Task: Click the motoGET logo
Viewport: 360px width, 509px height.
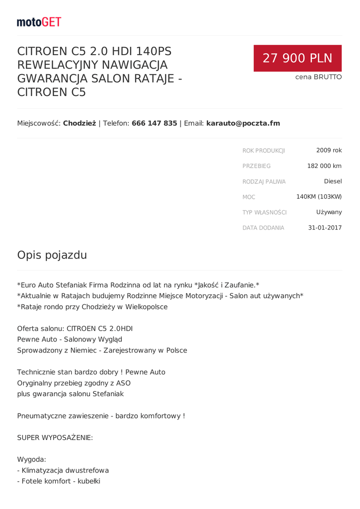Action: pyautogui.click(x=39, y=22)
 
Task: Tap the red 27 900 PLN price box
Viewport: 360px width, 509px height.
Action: pyautogui.click(x=297, y=58)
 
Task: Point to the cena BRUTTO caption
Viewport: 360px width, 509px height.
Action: pyautogui.click(x=318, y=77)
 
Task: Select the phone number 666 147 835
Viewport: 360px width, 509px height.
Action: pyautogui.click(x=154, y=123)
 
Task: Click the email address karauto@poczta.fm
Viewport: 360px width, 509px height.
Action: pyautogui.click(x=243, y=123)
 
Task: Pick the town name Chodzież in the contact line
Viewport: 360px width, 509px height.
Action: pyautogui.click(x=80, y=123)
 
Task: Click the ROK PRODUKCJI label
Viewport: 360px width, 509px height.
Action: pyautogui.click(x=264, y=151)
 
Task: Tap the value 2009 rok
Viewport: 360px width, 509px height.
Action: pyautogui.click(x=329, y=150)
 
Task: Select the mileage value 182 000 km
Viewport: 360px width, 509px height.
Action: pyautogui.click(x=324, y=166)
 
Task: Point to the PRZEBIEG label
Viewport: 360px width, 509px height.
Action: pyautogui.click(x=257, y=166)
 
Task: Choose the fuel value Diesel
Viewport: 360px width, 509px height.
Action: pyautogui.click(x=333, y=181)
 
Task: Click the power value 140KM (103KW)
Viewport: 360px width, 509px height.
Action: pyautogui.click(x=319, y=197)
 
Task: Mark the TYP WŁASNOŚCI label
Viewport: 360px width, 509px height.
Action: pyautogui.click(x=265, y=212)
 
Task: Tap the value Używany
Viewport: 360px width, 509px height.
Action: pyautogui.click(x=329, y=212)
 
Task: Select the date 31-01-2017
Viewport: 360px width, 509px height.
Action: pyautogui.click(x=325, y=228)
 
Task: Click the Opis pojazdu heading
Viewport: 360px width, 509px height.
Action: pyautogui.click(x=52, y=255)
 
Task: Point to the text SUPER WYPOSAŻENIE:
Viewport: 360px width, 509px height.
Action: pyautogui.click(x=55, y=438)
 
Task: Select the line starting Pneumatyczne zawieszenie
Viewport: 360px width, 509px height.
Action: pyautogui.click(x=101, y=416)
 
